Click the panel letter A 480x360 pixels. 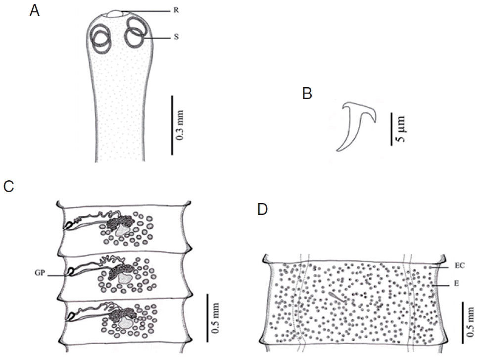pos(34,10)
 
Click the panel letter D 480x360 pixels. pos(262,209)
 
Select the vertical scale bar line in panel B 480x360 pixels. pos(391,129)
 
